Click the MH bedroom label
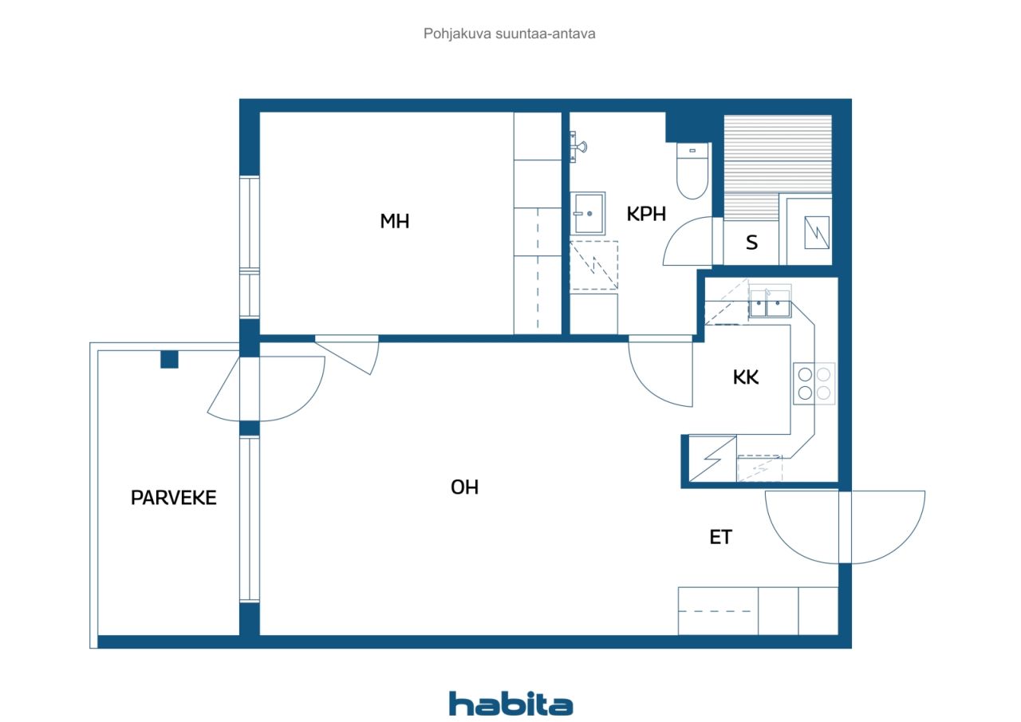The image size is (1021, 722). pyautogui.click(x=395, y=222)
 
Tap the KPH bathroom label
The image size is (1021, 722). pyautogui.click(x=646, y=214)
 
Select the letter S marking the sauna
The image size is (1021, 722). pyautogui.click(x=751, y=243)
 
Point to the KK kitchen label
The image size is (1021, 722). pyautogui.click(x=746, y=377)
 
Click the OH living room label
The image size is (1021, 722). pyautogui.click(x=464, y=487)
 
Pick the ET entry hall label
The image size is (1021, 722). pyautogui.click(x=720, y=538)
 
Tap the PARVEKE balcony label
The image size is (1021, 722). pyautogui.click(x=174, y=498)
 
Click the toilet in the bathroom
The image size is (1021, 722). pyautogui.click(x=692, y=171)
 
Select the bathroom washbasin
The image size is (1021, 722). pyautogui.click(x=588, y=213)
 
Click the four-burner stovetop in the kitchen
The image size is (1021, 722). pyautogui.click(x=814, y=383)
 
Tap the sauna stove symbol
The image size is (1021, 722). pyautogui.click(x=817, y=232)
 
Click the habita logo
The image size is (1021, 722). pyautogui.click(x=511, y=704)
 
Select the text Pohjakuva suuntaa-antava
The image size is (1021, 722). pyautogui.click(x=509, y=34)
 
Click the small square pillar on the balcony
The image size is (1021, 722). pyautogui.click(x=169, y=359)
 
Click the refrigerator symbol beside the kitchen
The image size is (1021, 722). pyautogui.click(x=712, y=459)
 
